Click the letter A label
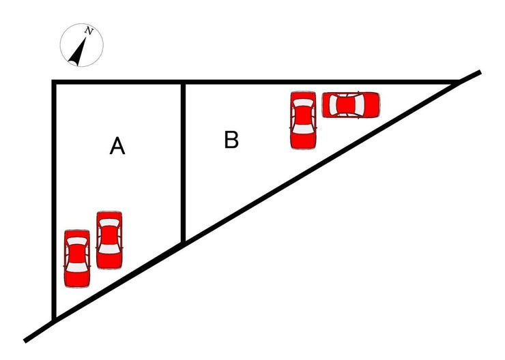[117, 146]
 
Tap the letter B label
[231, 140]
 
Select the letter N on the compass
[89, 31]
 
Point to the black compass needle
[78, 51]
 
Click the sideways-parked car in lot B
[351, 104]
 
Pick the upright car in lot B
[303, 120]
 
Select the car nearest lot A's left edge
[77, 258]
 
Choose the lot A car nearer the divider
[109, 240]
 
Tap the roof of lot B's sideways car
[346, 104]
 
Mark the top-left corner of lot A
[54, 82]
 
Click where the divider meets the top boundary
[183, 82]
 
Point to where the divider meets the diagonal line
[183, 243]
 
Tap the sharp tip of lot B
[457, 82]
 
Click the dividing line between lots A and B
[183, 162]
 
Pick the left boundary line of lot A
[54, 200]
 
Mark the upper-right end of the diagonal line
[480, 72]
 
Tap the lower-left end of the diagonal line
[25, 341]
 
